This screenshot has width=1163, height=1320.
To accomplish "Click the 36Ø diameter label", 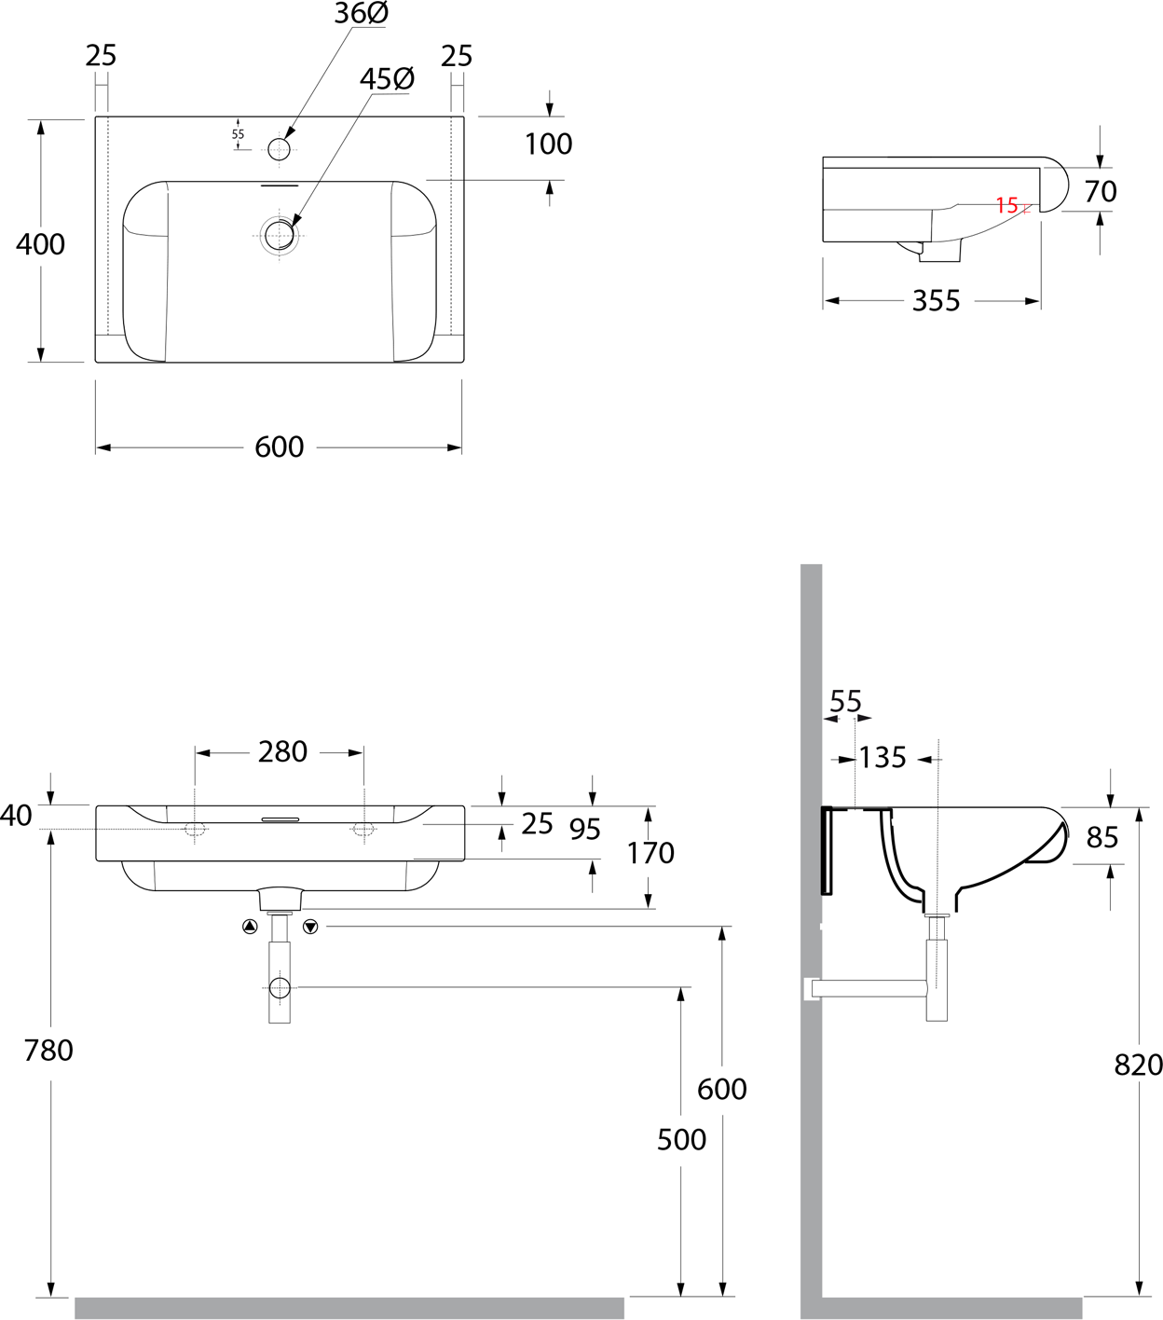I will coord(362,14).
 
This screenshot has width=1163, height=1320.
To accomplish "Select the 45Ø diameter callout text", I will coord(387,79).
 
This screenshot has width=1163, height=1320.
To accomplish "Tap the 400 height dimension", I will coord(40,244).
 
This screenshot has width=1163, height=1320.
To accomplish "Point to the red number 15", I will coord(1006,205).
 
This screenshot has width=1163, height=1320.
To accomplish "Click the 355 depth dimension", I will coord(936,301).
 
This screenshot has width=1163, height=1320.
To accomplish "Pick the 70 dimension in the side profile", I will coord(1101,191).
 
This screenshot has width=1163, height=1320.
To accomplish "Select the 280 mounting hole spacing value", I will coord(282,751).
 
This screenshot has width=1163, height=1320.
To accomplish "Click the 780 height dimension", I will coord(48,1051).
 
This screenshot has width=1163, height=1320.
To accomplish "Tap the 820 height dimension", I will coord(1138,1065).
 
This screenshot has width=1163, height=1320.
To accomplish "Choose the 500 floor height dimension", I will coord(681,1139).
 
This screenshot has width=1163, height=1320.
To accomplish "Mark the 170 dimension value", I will coord(650,853).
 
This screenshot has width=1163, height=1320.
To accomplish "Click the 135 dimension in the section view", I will coord(883,758).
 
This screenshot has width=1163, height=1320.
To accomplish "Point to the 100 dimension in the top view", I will coord(548,144).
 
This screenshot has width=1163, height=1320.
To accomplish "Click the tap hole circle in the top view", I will coord(279,148).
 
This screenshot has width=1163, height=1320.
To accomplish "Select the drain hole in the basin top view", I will coord(279,235).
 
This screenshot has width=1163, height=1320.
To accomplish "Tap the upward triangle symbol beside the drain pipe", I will coord(249,927).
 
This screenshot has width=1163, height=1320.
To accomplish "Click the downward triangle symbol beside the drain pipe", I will coord(310,927).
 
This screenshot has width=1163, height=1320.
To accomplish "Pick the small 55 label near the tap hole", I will coord(238,134).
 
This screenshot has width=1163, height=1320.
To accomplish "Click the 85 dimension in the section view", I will coord(1101,838).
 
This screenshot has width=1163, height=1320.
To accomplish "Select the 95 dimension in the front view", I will coord(584,829).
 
